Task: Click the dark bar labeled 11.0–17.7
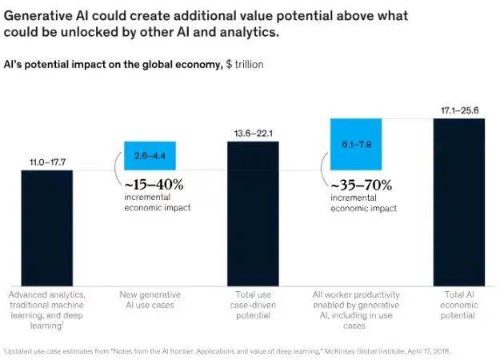[46, 228]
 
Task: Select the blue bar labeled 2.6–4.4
[150, 155]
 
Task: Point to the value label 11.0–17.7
[46, 162]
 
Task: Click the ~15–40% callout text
[153, 185]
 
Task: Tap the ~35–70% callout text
[360, 185]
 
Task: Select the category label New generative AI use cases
[150, 300]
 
